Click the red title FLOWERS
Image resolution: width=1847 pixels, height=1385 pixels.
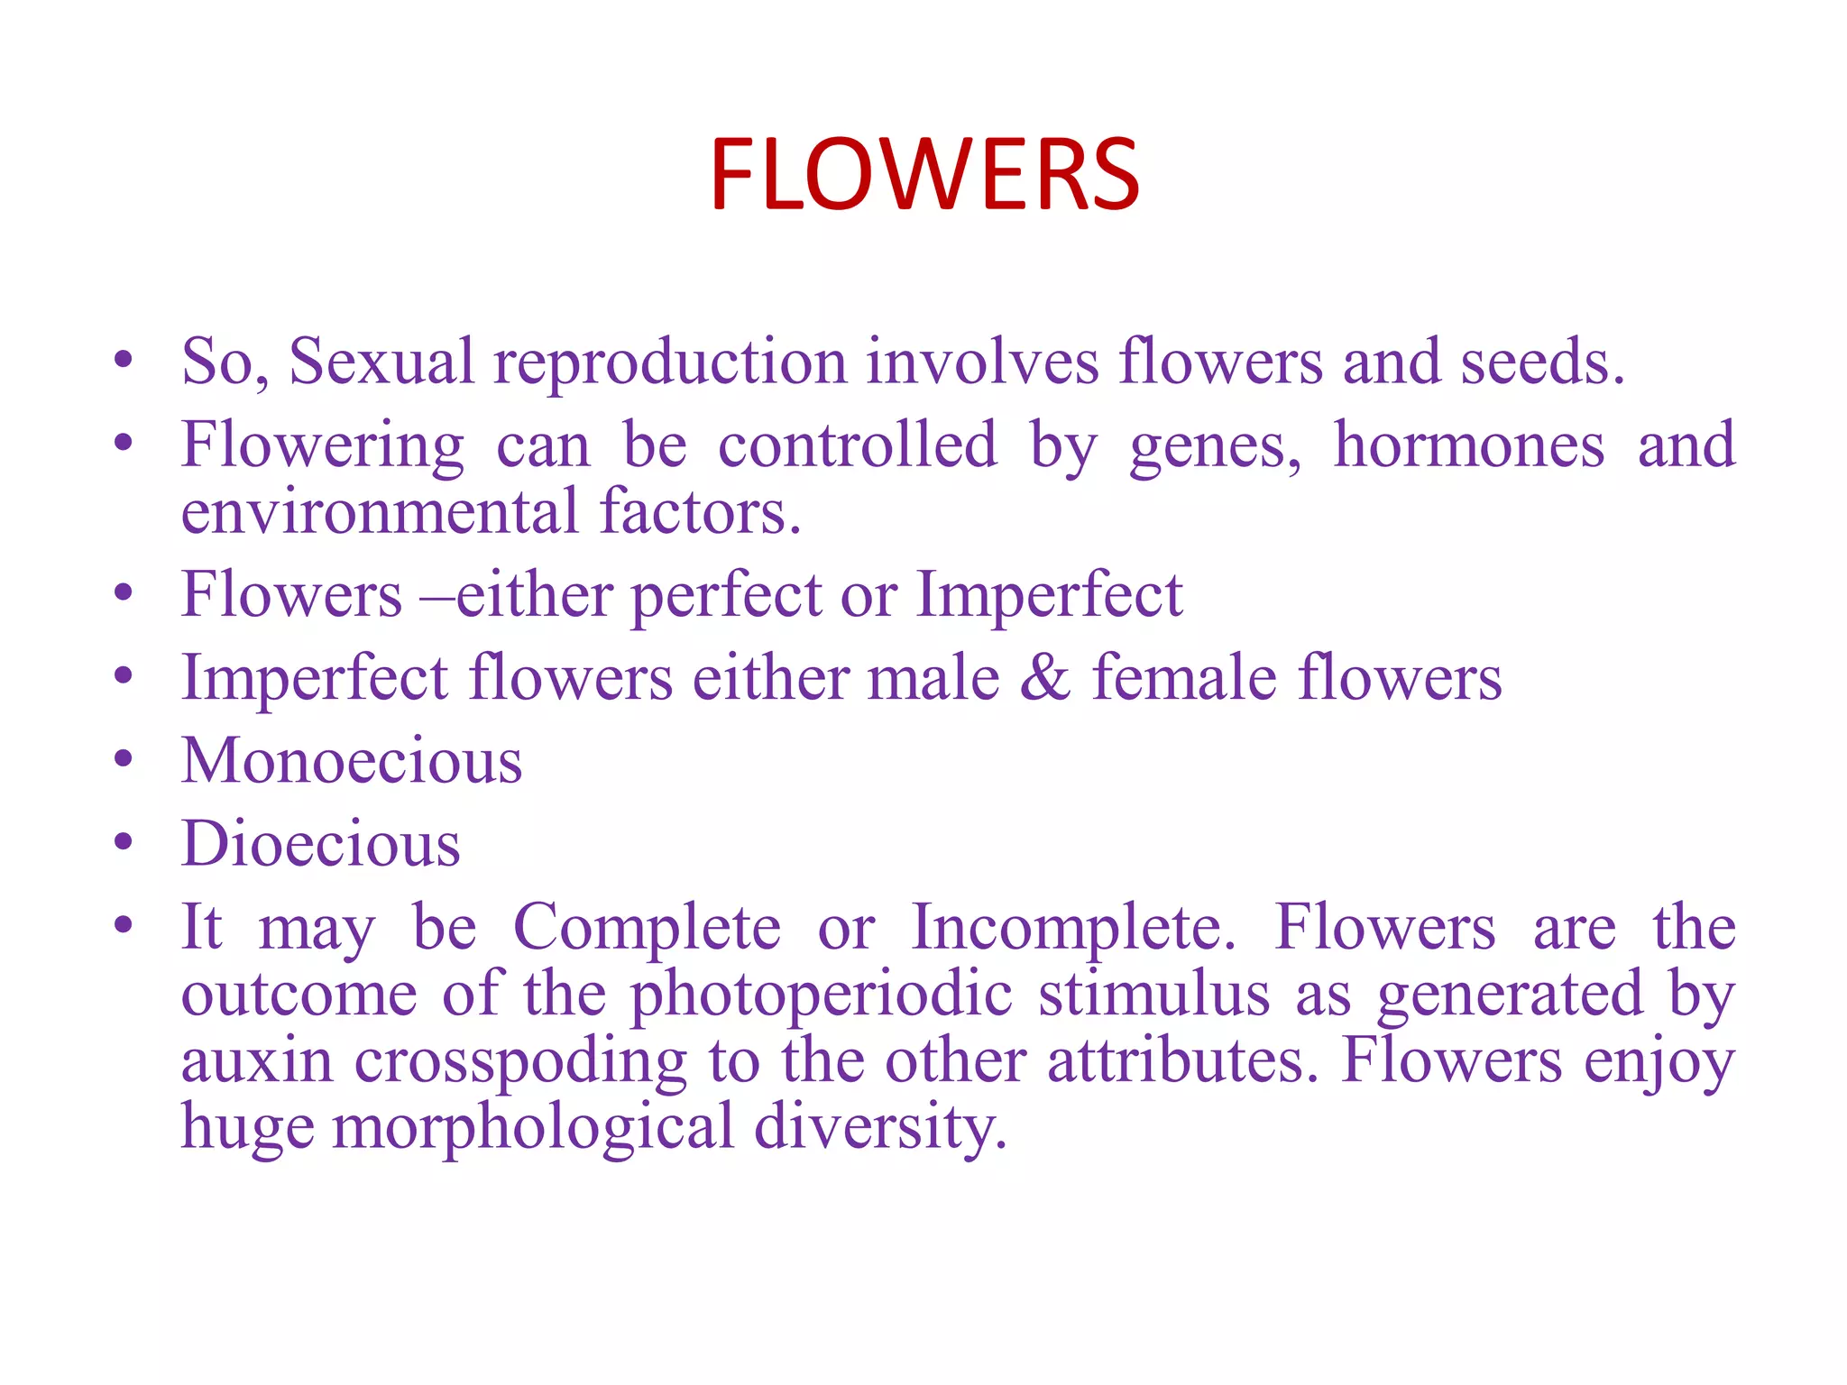pos(924,175)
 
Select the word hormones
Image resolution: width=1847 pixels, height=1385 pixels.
pos(1469,445)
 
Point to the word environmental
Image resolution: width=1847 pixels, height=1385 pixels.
pos(380,512)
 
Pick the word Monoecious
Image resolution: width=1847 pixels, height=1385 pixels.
pos(352,761)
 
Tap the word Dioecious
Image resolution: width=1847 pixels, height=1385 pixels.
pos(321,845)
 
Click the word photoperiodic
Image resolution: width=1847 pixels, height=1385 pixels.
pos(822,995)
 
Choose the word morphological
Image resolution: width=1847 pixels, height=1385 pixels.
pos(533,1129)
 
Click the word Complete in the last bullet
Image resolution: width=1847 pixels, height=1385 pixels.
pos(647,929)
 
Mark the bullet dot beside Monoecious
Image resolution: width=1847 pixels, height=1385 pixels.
pos(124,759)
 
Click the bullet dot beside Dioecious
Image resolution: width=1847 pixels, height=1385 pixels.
pos(124,842)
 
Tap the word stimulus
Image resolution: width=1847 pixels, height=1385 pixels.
pos(1155,995)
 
